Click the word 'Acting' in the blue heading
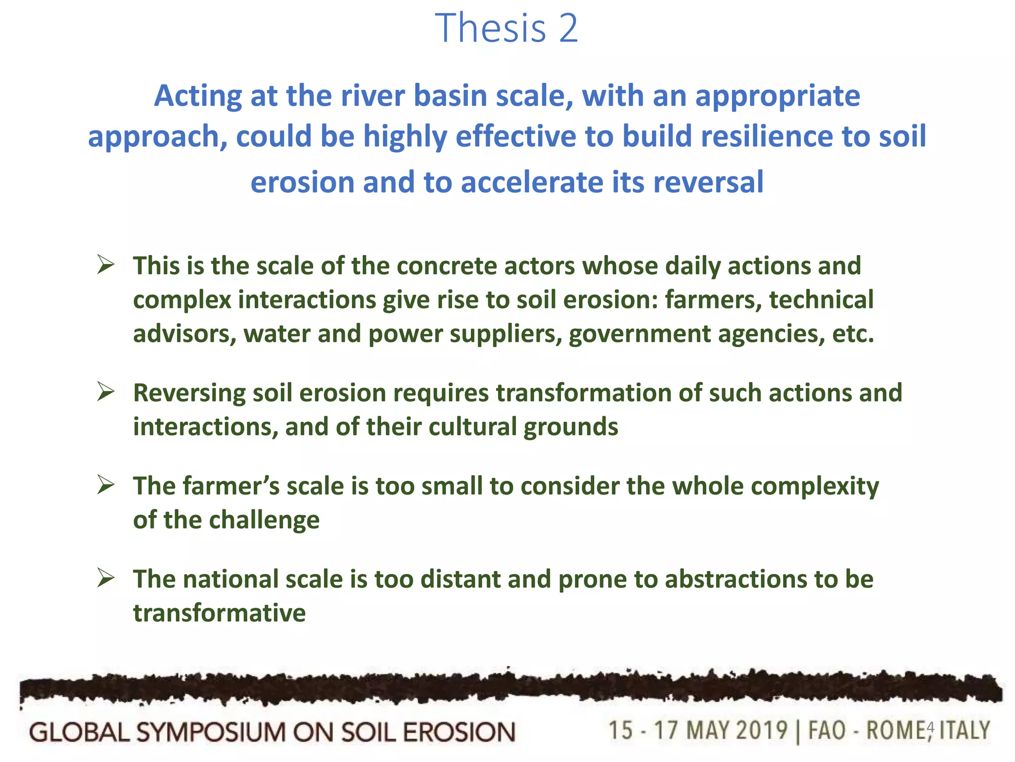[x=198, y=95]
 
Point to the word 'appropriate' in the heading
[x=778, y=96]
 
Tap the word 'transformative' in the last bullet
[x=220, y=613]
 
